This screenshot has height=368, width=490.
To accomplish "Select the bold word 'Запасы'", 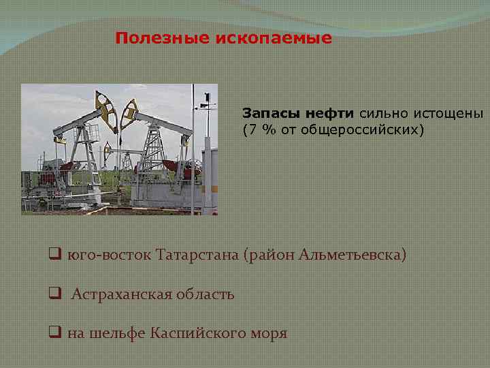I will click(266, 113).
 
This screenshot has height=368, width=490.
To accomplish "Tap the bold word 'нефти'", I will click(324, 113).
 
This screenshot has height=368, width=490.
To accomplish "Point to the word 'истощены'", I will click(449, 113).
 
